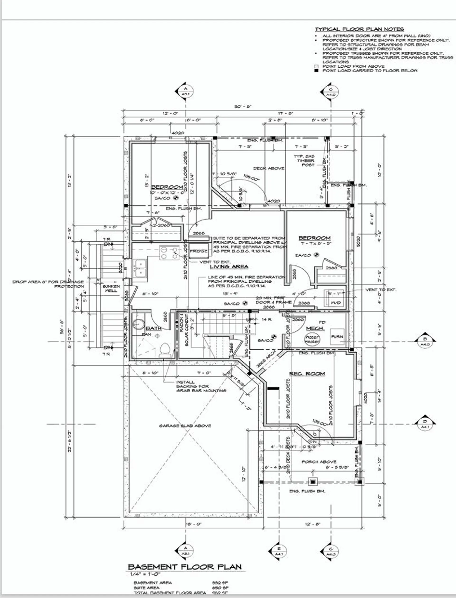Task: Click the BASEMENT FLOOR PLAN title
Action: click(x=185, y=567)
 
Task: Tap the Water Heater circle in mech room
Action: click(x=312, y=339)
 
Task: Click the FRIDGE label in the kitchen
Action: click(x=198, y=251)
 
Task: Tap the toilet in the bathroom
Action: click(x=165, y=350)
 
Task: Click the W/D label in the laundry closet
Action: click(x=336, y=303)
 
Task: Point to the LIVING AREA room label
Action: click(x=229, y=266)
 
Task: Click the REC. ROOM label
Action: click(x=307, y=374)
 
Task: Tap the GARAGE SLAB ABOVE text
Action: click(x=185, y=425)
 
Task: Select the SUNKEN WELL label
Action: click(x=111, y=288)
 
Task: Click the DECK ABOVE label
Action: click(x=269, y=168)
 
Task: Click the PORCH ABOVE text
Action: click(x=319, y=461)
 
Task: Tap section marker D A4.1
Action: click(x=425, y=424)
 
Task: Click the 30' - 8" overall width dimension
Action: click(x=243, y=107)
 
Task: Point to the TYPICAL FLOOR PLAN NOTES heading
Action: click(x=359, y=29)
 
